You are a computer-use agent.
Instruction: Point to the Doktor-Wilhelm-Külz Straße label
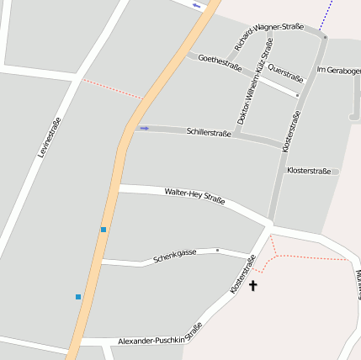click(x=256, y=92)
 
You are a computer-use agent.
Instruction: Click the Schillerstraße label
click(x=209, y=133)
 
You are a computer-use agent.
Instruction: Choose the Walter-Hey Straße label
click(x=194, y=197)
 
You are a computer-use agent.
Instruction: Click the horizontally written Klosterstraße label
click(x=309, y=171)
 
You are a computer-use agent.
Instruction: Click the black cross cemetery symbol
click(x=252, y=286)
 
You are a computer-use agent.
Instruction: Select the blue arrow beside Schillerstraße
click(x=144, y=128)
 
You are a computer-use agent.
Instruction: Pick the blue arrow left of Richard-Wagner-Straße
click(x=197, y=6)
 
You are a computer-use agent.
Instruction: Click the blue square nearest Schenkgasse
click(x=104, y=229)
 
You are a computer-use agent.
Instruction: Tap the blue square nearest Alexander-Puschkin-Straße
click(x=78, y=296)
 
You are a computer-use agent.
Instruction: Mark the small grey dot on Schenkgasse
click(x=217, y=250)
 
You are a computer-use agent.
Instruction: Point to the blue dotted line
click(x=327, y=14)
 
